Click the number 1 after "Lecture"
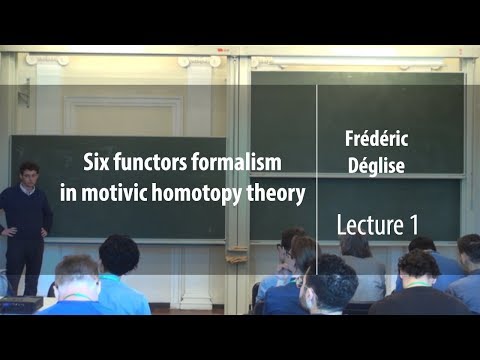click(x=412, y=225)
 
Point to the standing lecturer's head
click(x=29, y=173)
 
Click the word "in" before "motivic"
click(x=89, y=194)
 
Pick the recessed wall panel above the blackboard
click(x=122, y=115)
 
